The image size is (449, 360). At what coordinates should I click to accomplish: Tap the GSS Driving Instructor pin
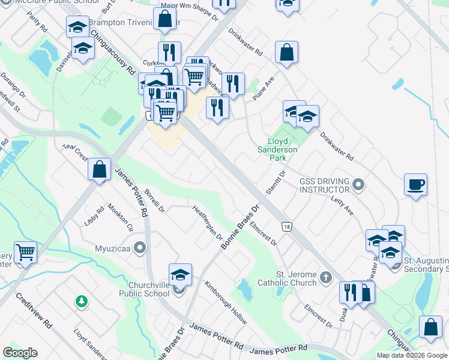pyautogui.click(x=359, y=184)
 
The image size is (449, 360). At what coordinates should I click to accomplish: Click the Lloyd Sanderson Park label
pyautogui.click(x=278, y=149)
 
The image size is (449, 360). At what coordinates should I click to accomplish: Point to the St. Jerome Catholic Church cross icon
pyautogui.click(x=326, y=277)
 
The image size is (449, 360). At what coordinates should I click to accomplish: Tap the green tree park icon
pyautogui.click(x=81, y=301)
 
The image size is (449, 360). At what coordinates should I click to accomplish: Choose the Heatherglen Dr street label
pyautogui.click(x=208, y=222)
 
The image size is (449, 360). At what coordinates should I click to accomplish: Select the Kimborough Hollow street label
pyautogui.click(x=226, y=302)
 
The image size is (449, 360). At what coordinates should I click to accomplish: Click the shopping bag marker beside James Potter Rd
pyautogui.click(x=100, y=169)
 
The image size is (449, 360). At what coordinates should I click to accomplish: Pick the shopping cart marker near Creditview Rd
pyautogui.click(x=25, y=252)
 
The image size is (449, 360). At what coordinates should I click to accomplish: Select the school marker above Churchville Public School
pyautogui.click(x=180, y=274)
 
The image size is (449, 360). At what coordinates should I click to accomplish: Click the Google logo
pyautogui.click(x=20, y=353)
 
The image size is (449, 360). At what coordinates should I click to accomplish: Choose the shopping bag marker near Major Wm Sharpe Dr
pyautogui.click(x=164, y=19)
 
